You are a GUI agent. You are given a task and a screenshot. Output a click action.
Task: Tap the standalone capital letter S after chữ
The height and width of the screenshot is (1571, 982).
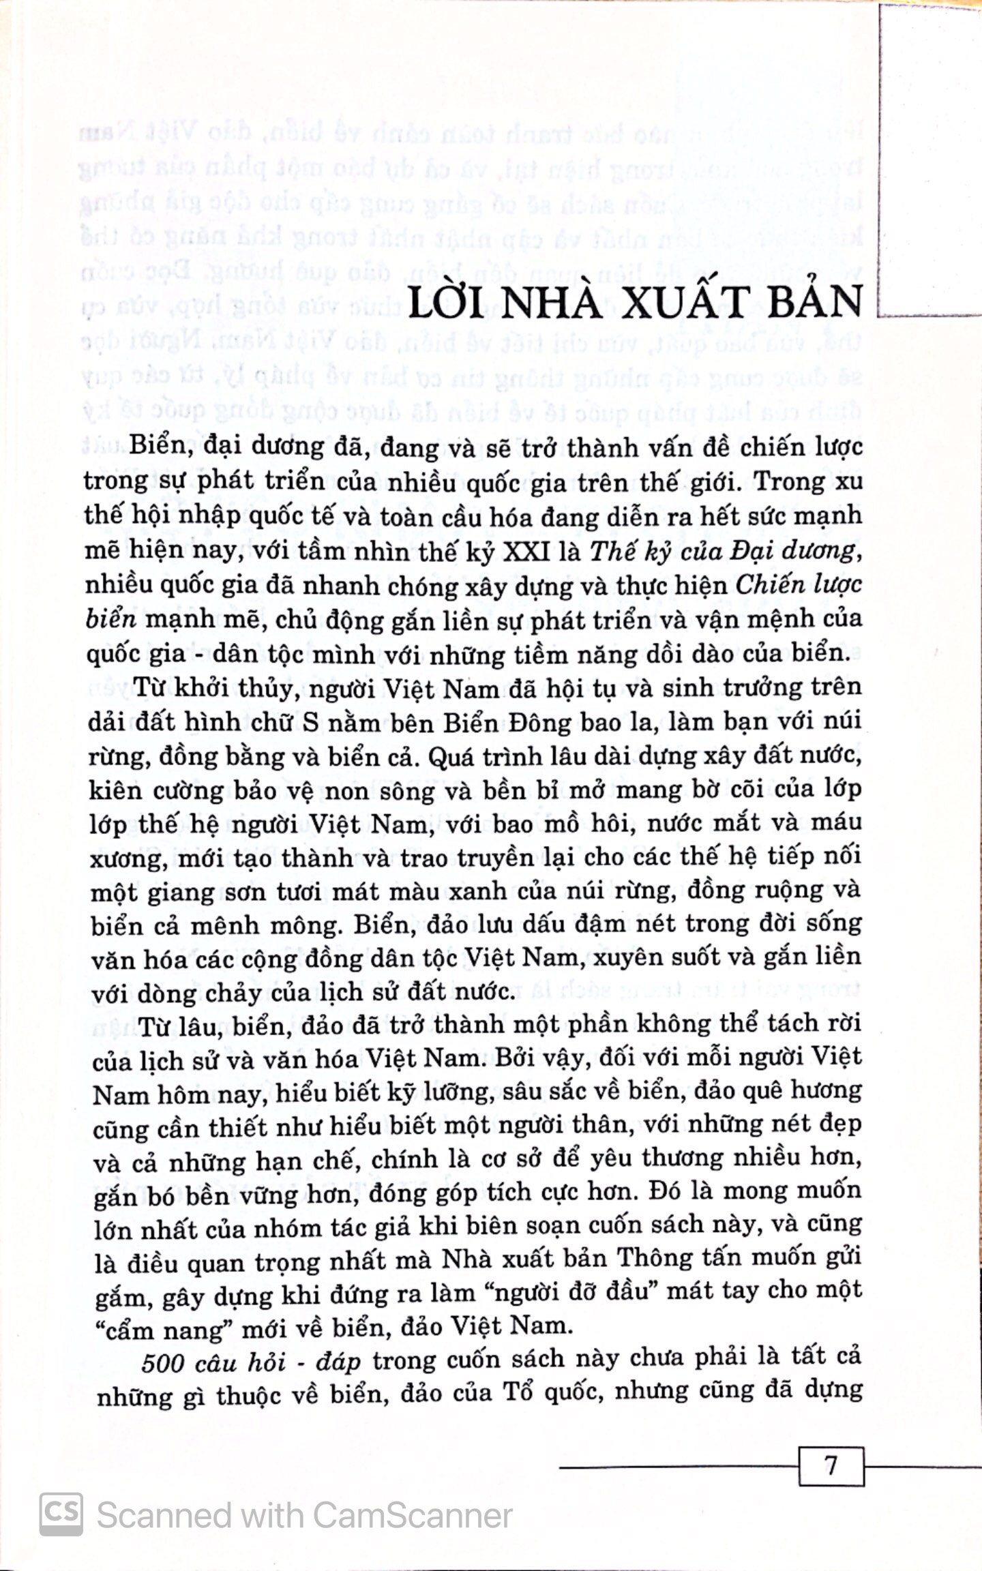[x=310, y=722]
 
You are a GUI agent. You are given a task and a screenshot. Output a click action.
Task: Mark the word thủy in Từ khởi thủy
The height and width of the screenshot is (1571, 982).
[x=263, y=689]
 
